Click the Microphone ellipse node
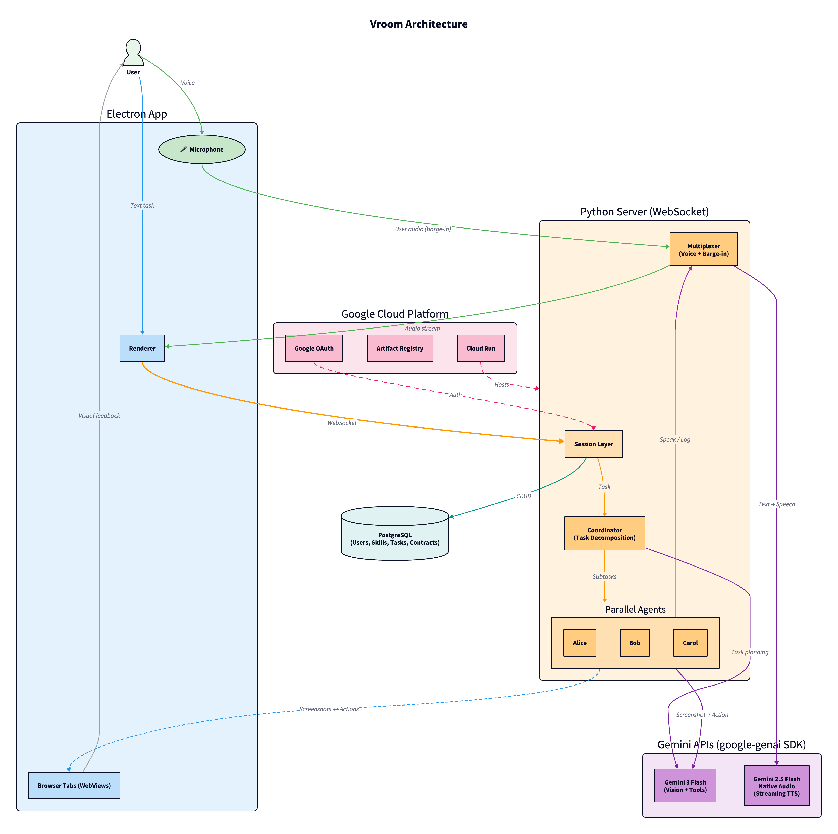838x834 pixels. click(x=202, y=149)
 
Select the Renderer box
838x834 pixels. click(x=142, y=348)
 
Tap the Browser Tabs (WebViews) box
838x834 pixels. click(x=74, y=785)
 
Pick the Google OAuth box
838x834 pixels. click(x=314, y=348)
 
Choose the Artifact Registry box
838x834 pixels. click(x=399, y=348)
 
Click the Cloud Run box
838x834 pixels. click(x=481, y=348)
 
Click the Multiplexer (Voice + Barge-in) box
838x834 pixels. click(x=704, y=250)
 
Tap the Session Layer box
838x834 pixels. click(x=593, y=444)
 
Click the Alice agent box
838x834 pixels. click(x=580, y=643)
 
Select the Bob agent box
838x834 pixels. click(x=635, y=643)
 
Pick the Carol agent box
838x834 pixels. click(x=690, y=643)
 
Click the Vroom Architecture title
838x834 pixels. click(x=419, y=24)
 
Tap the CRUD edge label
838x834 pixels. click(x=524, y=496)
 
